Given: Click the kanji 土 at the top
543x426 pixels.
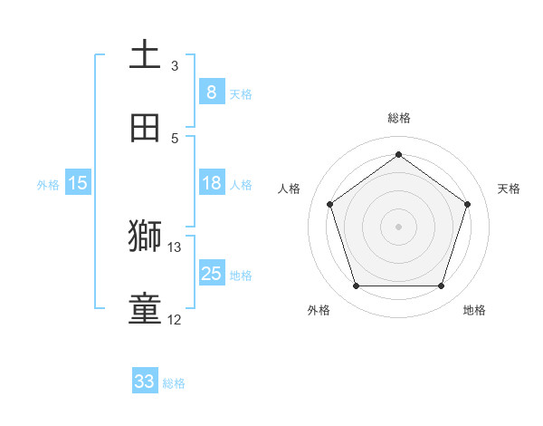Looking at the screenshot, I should coord(145,55).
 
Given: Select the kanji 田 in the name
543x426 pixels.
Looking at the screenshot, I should coord(145,128).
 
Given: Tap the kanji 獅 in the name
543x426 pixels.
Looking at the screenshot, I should coord(145,237).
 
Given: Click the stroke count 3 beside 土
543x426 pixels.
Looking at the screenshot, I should coord(175,65).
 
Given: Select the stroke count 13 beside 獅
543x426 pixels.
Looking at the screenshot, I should coord(175,247).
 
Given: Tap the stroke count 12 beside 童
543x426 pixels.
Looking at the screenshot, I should coord(175,319).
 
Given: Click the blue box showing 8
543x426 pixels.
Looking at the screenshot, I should coord(211,92).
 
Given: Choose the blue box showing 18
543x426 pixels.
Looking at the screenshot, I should coord(211,183).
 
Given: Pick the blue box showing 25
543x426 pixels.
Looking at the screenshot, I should coord(211,274).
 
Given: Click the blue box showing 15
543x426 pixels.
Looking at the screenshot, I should coord(78,183).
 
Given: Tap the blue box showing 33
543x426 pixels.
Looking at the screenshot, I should coord(145,382).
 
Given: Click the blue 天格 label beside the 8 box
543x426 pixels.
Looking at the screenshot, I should coord(241,93).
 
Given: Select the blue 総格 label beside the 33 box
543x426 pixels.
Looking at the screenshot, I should coord(174,383).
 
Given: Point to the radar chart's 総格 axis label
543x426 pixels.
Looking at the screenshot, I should coord(398,118).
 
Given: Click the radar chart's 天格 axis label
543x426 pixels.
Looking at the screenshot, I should coord(509,189).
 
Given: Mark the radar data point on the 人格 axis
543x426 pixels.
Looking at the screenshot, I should coord(329,204).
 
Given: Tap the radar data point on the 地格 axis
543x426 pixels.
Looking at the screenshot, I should coord(441,286).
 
